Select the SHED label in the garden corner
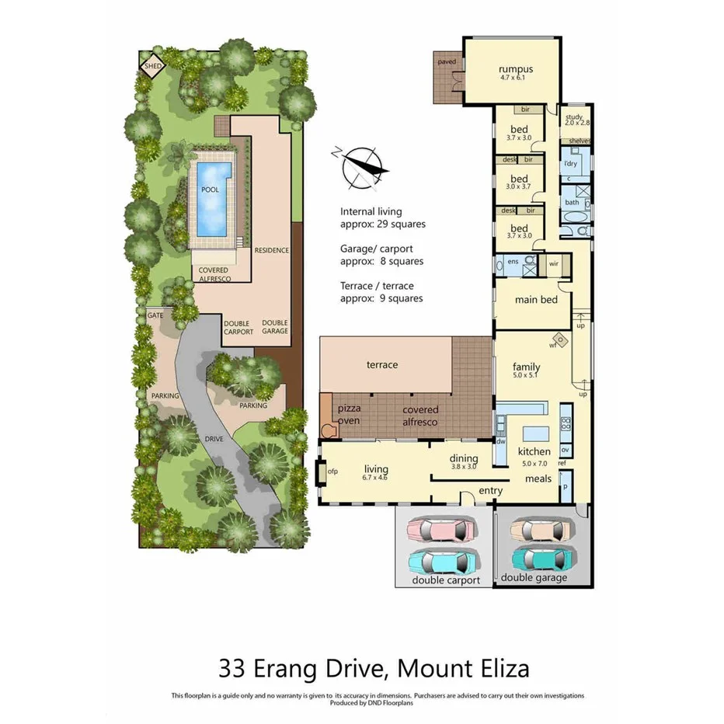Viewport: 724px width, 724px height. (x=151, y=66)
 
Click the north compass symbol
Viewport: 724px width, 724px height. (x=360, y=166)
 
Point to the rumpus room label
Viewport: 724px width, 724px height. (x=515, y=69)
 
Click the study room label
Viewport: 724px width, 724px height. (x=575, y=117)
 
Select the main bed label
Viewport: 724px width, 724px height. (x=537, y=299)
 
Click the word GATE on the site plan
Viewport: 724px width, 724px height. (x=155, y=315)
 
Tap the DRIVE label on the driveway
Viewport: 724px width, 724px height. (x=214, y=439)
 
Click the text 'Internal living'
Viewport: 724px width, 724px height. (x=370, y=211)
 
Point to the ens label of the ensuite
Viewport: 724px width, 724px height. (x=513, y=262)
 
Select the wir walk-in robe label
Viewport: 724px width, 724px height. (x=554, y=263)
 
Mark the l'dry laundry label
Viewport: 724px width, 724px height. (x=571, y=164)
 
